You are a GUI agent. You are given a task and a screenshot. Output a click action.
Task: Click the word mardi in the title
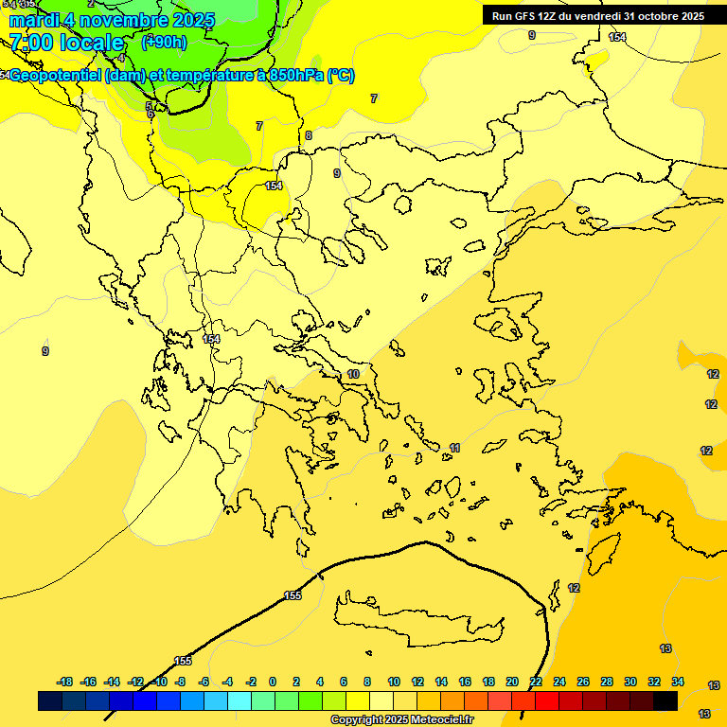(34, 20)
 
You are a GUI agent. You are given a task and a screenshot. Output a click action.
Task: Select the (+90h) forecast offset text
(164, 42)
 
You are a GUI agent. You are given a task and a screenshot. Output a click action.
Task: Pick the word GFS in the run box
(524, 15)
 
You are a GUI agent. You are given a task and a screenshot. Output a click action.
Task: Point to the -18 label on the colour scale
(65, 682)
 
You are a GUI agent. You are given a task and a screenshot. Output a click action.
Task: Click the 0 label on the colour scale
(273, 682)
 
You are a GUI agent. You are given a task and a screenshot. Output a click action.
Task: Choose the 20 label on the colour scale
(512, 682)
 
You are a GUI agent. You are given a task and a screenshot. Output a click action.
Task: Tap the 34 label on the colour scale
(678, 682)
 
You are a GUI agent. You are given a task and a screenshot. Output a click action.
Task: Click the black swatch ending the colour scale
(665, 700)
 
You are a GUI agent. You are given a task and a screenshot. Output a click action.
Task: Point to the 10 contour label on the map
(353, 374)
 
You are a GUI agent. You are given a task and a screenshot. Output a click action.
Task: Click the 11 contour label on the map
(454, 448)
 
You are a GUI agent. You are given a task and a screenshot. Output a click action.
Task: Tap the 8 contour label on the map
(308, 135)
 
